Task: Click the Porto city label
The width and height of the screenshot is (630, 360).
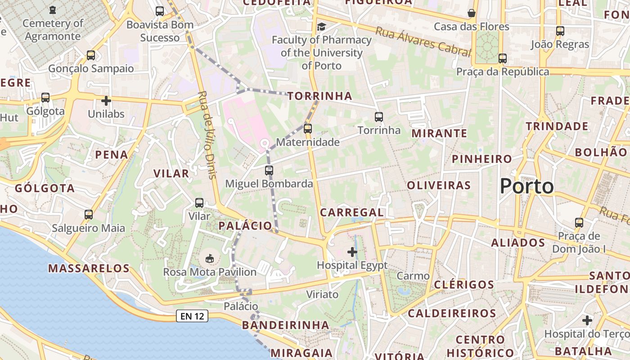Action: click(x=526, y=186)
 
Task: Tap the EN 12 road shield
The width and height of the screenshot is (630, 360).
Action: click(x=193, y=316)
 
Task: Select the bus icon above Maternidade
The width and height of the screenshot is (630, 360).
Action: click(x=308, y=129)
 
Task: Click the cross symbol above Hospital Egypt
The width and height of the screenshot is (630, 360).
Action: click(x=352, y=252)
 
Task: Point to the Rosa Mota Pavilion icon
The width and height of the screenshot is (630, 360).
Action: click(x=209, y=258)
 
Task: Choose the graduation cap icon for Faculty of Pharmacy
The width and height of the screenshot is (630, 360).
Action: click(x=321, y=27)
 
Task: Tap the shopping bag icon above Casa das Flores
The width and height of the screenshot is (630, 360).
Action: click(x=472, y=13)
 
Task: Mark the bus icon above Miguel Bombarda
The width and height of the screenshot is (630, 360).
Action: click(x=269, y=171)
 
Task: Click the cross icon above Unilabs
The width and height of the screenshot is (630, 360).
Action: click(x=106, y=100)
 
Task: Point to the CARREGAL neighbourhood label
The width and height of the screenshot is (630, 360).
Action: click(x=352, y=212)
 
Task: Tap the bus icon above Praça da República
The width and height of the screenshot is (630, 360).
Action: click(x=503, y=58)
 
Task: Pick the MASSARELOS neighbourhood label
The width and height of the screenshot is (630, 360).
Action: click(x=89, y=269)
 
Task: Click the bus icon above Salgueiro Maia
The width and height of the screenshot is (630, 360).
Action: click(x=89, y=215)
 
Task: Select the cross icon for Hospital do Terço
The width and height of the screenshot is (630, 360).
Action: click(x=587, y=320)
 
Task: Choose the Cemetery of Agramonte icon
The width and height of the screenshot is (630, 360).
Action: click(x=53, y=9)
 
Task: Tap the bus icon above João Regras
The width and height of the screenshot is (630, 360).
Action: click(x=560, y=31)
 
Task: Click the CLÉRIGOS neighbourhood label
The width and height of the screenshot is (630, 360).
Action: click(x=464, y=284)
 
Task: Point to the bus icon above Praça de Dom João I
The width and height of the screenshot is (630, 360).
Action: click(x=579, y=222)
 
